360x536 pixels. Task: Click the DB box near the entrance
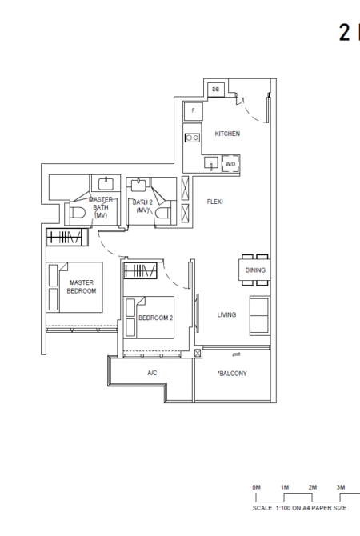click(216, 90)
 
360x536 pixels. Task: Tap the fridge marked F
click(193, 110)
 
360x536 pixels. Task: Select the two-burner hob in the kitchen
click(192, 138)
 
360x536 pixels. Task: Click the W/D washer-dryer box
click(230, 164)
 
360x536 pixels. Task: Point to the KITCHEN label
click(227, 134)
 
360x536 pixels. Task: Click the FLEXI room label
click(214, 202)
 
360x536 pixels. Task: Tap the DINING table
click(254, 270)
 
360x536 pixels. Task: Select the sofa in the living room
click(259, 316)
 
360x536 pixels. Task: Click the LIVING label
click(226, 314)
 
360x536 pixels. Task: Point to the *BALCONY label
click(232, 374)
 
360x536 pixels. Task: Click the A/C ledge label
click(152, 373)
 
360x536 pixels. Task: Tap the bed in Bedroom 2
click(150, 318)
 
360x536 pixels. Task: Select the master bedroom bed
click(74, 287)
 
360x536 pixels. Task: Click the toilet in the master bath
click(78, 213)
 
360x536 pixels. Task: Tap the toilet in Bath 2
click(163, 212)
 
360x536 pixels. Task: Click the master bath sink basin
click(107, 184)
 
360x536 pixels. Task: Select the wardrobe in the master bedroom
click(67, 237)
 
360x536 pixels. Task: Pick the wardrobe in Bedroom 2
click(141, 270)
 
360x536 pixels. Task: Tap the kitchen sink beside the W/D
click(211, 162)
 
